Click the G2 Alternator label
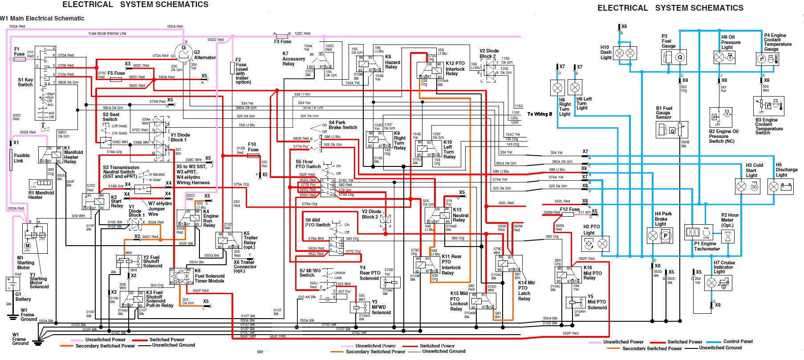pos(204,55)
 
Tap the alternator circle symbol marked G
pos(183,53)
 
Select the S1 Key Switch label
pos(25,82)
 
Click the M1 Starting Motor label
pos(25,263)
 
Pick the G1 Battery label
pos(23,297)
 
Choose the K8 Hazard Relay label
pos(392,62)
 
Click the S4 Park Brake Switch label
pos(342,125)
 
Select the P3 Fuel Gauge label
pos(668,41)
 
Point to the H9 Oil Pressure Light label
pos(731,42)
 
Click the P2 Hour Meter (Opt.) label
pos(730,220)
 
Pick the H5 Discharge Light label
pos(786,170)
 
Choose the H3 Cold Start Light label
pos(754,170)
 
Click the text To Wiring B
pos(540,114)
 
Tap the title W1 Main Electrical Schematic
pos(42,18)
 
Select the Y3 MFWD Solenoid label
pos(381,307)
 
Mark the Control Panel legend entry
pos(738,341)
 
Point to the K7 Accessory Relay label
pos(293,59)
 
